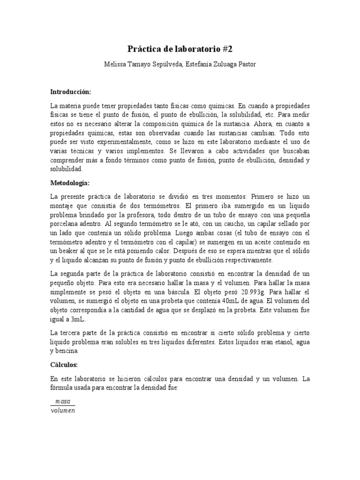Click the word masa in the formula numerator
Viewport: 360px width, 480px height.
tap(62, 401)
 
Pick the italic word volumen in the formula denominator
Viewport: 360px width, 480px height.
tap(62, 411)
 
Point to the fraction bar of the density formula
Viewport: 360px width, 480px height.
tap(62, 406)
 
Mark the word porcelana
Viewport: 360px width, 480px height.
tap(68, 224)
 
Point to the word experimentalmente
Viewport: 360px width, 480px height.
tap(116, 142)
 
